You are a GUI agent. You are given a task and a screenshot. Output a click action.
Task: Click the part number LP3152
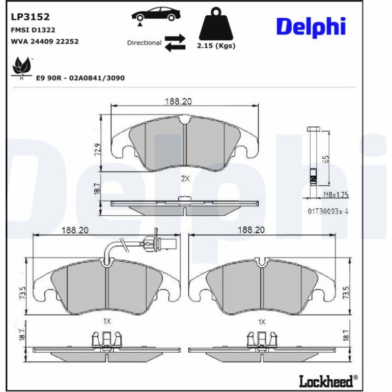click(30, 17)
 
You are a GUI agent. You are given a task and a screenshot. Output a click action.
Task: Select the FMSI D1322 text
click(33, 30)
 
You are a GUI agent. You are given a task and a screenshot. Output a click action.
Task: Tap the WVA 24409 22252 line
click(45, 41)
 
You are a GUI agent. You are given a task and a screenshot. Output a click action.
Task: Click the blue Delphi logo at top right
click(311, 27)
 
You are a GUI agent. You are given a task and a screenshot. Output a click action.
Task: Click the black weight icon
click(216, 23)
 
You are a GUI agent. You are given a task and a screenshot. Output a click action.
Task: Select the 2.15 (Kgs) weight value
click(216, 46)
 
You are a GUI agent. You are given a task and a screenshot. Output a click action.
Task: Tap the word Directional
click(144, 43)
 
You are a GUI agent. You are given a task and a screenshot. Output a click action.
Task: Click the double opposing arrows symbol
click(175, 43)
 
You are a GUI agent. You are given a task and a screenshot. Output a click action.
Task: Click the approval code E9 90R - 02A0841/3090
click(80, 78)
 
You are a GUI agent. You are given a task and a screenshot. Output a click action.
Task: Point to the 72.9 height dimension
click(98, 150)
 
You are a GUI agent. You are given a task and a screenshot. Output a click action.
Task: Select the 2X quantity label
click(185, 179)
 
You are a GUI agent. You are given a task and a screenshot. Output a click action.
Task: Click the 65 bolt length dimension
click(326, 158)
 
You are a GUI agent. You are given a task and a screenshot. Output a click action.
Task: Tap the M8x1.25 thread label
click(336, 195)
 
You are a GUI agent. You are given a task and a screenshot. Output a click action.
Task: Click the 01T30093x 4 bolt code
click(328, 211)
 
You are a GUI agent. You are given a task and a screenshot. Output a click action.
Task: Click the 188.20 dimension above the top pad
click(178, 101)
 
